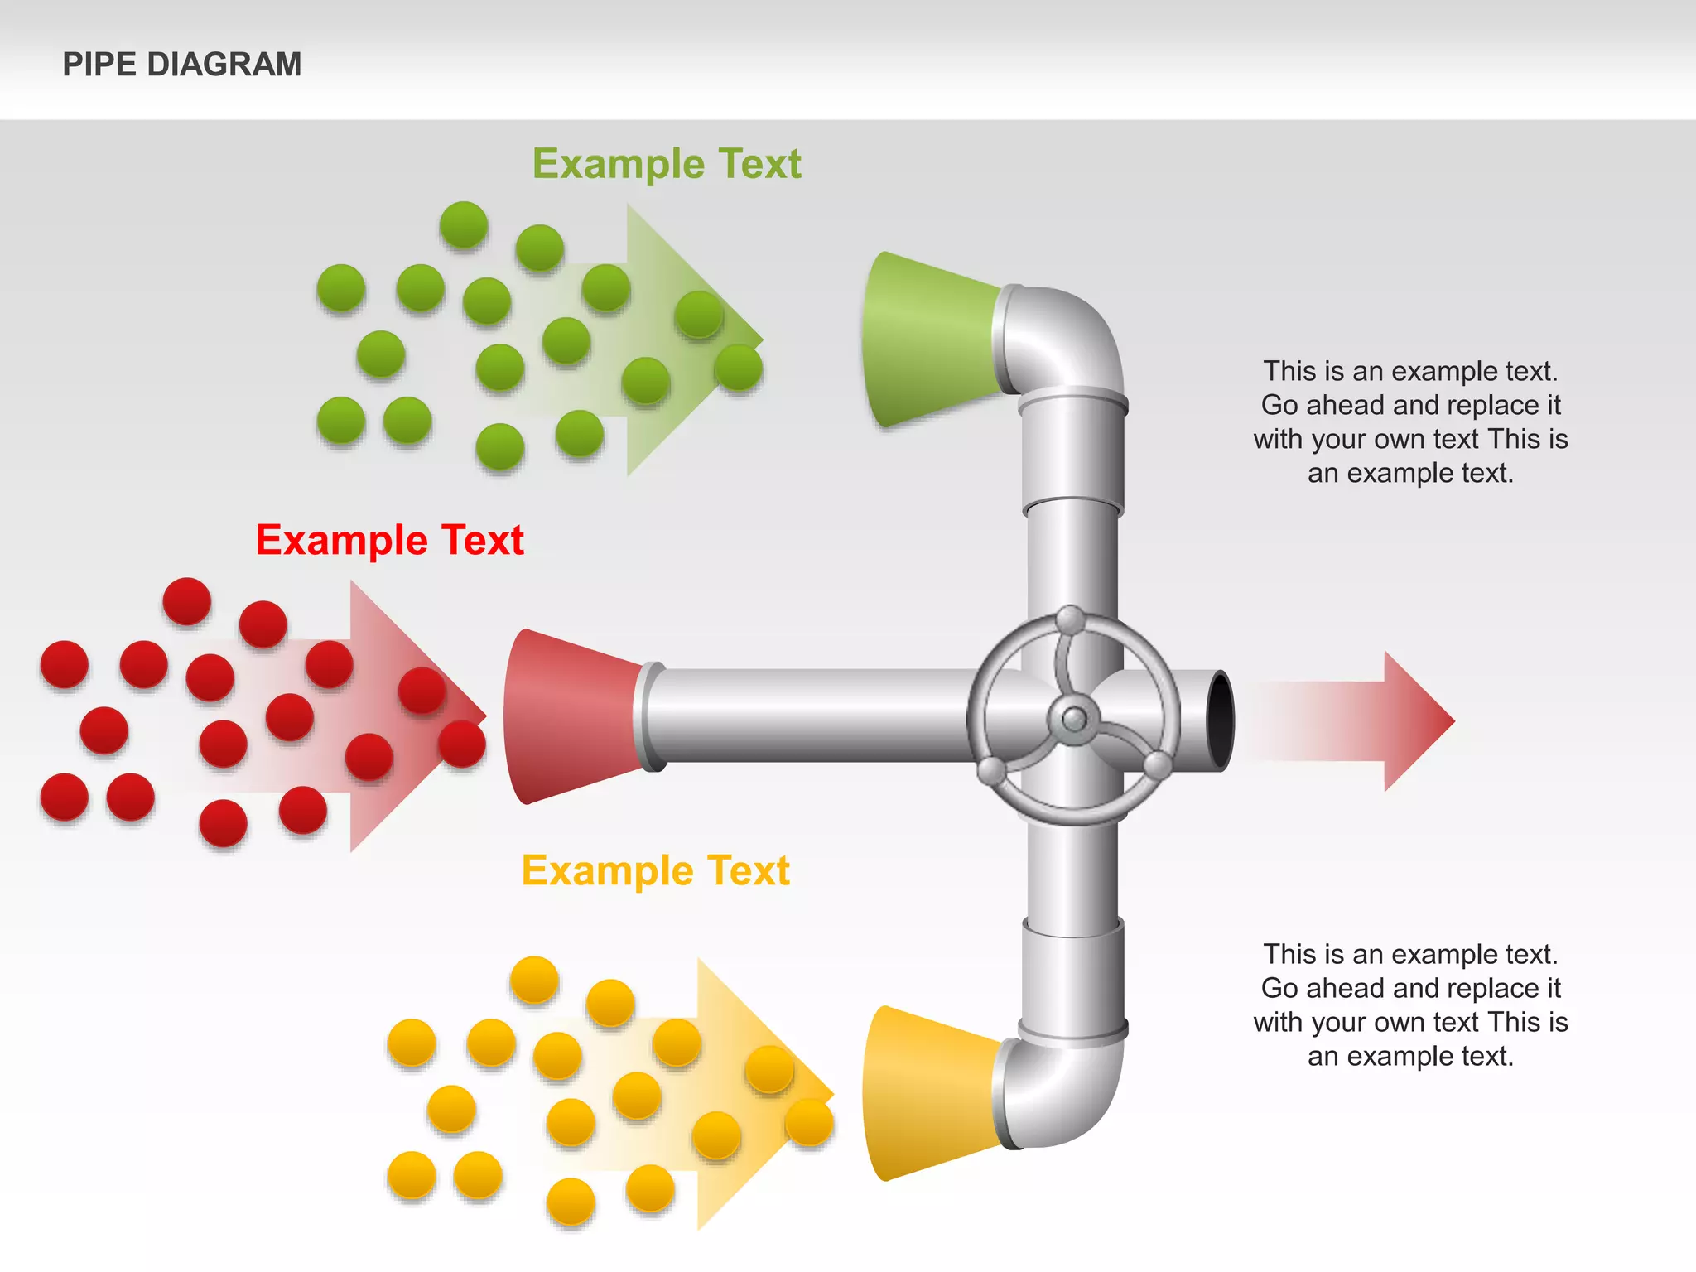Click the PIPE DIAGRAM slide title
click(182, 65)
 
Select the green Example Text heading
click(667, 163)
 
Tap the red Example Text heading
click(389, 540)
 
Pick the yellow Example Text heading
click(655, 870)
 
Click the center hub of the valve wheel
click(1074, 718)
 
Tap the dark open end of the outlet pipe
click(1220, 720)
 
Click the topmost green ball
click(464, 224)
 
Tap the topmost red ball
click(187, 600)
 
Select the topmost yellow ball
click(534, 979)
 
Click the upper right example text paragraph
click(1410, 422)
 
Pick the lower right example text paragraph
click(1410, 1005)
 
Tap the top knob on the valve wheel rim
click(1071, 619)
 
